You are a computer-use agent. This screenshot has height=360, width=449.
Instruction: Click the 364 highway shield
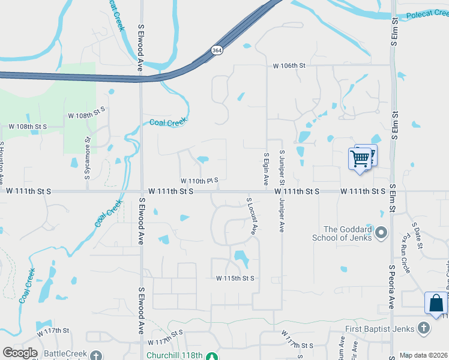pyautogui.click(x=217, y=51)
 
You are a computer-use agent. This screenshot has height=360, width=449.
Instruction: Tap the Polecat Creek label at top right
pyautogui.click(x=427, y=16)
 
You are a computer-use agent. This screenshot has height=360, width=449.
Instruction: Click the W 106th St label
pyautogui.click(x=289, y=65)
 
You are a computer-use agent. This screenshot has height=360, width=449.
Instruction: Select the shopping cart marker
pyautogui.click(x=360, y=159)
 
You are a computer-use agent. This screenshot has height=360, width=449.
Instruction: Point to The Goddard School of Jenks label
pyautogui.click(x=348, y=233)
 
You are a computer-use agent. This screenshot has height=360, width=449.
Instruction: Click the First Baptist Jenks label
pyautogui.click(x=381, y=328)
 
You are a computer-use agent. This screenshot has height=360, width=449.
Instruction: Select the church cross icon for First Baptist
pyautogui.click(x=424, y=328)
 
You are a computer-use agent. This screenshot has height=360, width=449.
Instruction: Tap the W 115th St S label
pyautogui.click(x=236, y=278)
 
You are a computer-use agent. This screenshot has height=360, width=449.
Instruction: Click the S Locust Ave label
pyautogui.click(x=252, y=215)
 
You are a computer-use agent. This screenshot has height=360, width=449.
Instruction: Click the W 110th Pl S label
pyautogui.click(x=199, y=180)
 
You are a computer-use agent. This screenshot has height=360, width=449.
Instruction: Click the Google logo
pyautogui.click(x=19, y=353)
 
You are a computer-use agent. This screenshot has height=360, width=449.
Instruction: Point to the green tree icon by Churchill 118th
pyautogui.click(x=211, y=356)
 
